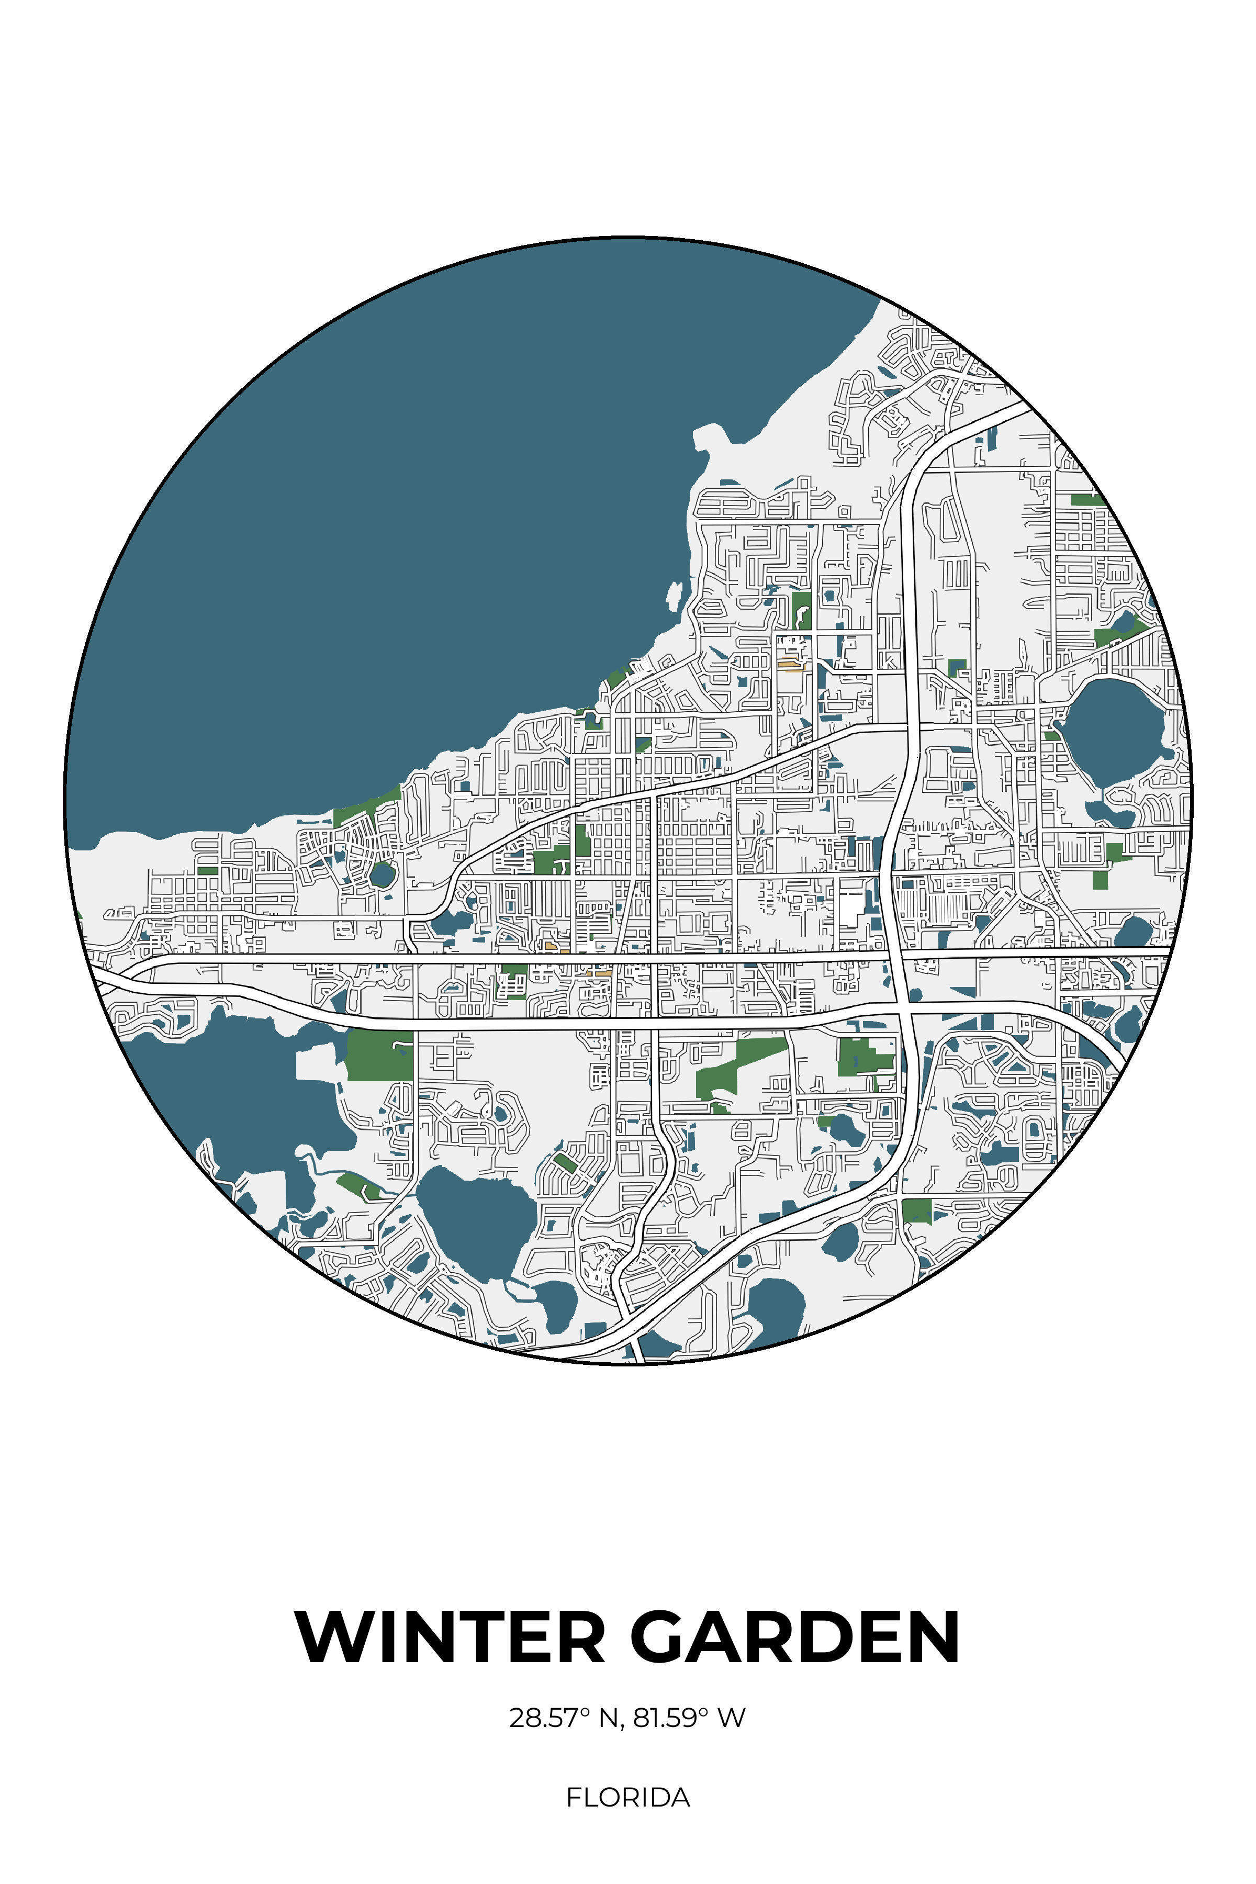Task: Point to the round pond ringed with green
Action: [383, 873]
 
